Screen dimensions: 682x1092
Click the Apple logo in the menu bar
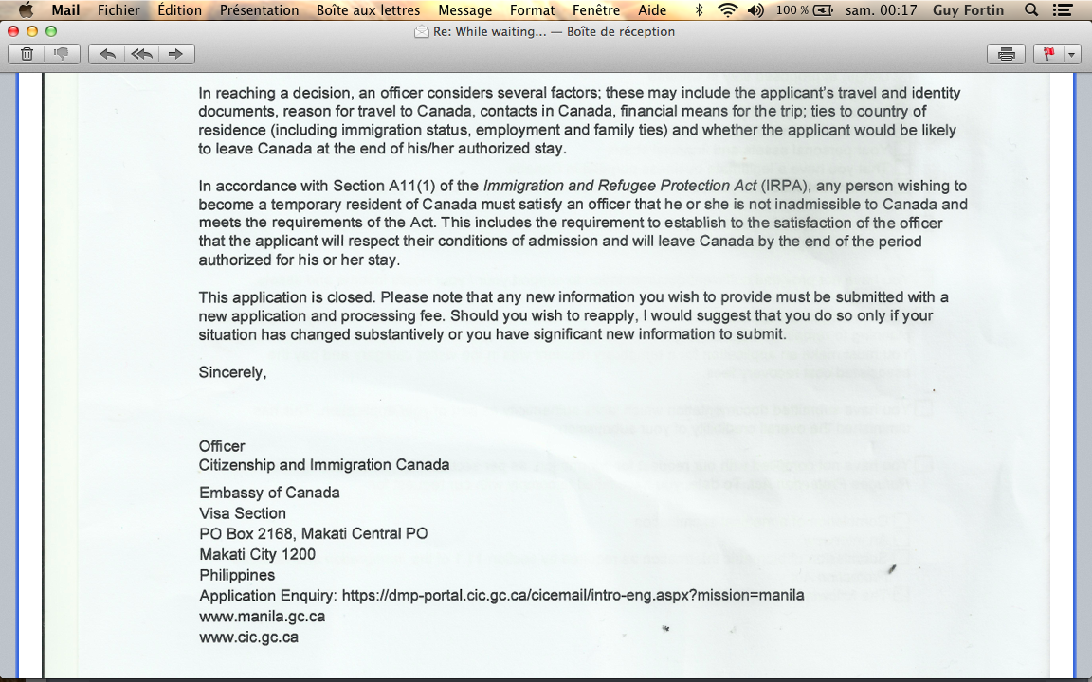click(26, 10)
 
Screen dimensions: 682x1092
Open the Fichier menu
click(118, 10)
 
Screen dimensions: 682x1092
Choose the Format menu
click(532, 10)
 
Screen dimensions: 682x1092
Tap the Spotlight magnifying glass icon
click(1031, 10)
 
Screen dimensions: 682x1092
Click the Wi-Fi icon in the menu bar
click(727, 10)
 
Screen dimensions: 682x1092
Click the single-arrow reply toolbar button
click(107, 54)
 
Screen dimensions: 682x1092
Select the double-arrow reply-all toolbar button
click(141, 54)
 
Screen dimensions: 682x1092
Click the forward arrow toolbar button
click(175, 54)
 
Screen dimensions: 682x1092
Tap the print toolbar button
click(1006, 54)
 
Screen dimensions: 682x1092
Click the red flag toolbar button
click(1049, 54)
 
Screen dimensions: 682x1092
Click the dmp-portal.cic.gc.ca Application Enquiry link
click(573, 596)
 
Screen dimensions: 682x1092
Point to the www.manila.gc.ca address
click(262, 617)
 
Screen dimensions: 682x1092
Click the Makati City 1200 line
click(257, 554)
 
